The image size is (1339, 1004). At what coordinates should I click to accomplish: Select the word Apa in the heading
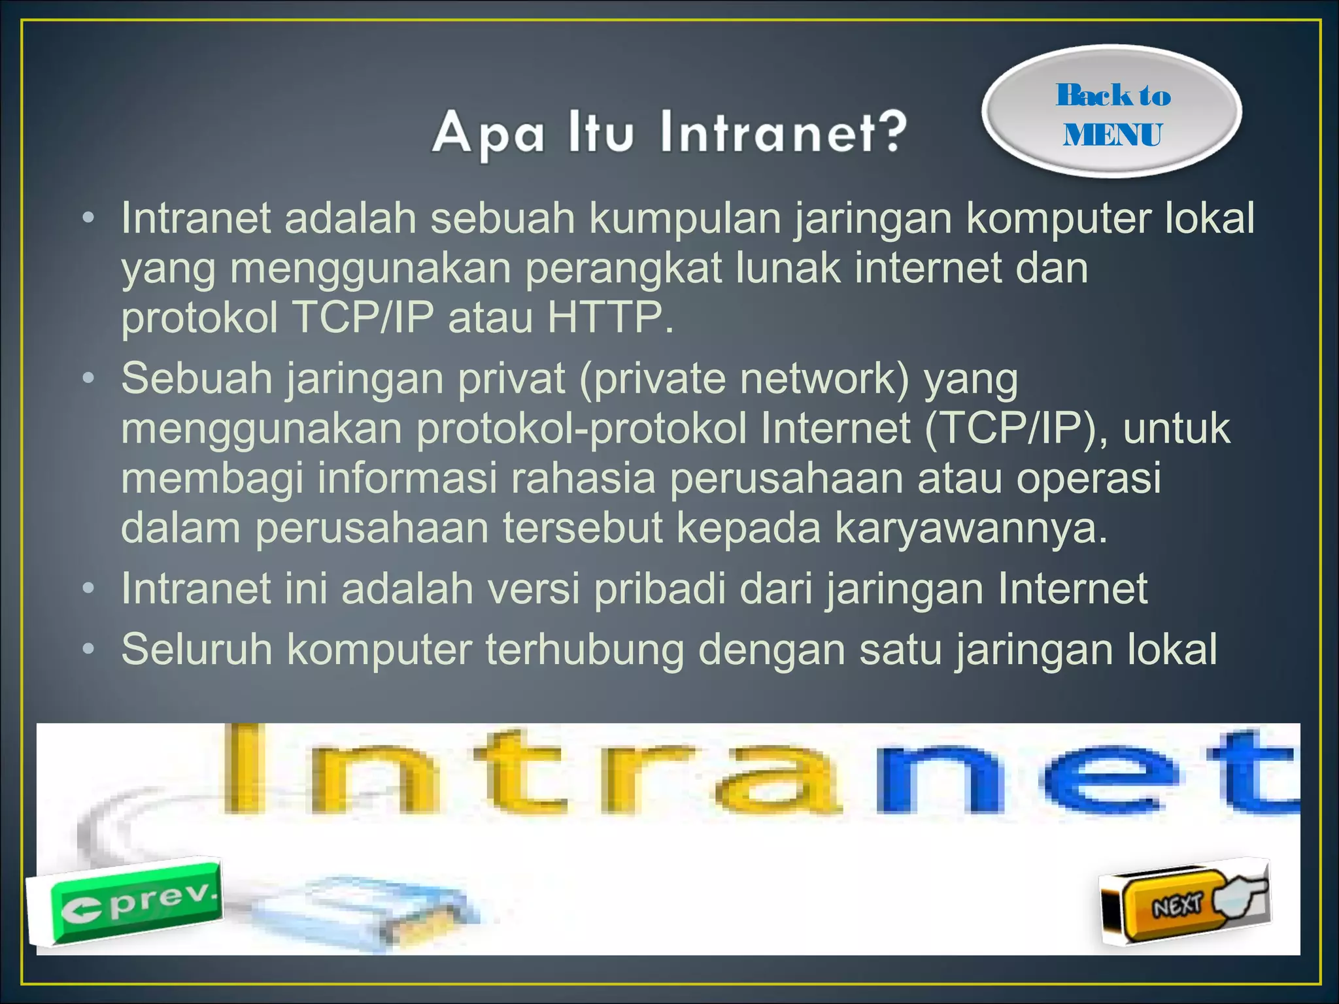[x=488, y=133]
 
